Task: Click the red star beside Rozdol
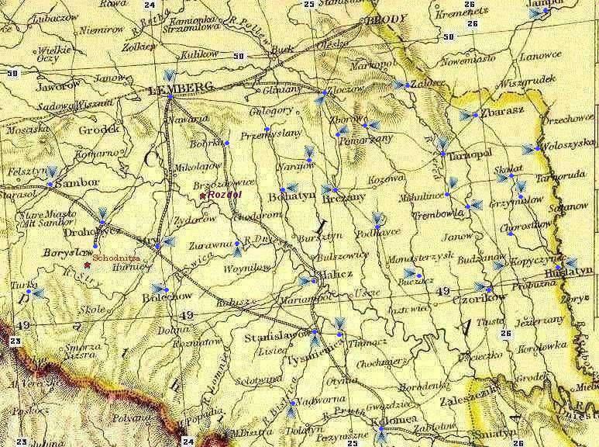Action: click(x=203, y=196)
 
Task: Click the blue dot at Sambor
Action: click(x=50, y=185)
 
